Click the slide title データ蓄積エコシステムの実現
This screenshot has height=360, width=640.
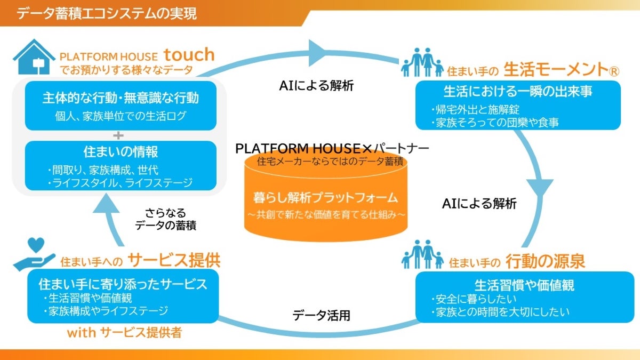[107, 13]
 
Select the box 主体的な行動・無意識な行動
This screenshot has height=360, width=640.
[121, 106]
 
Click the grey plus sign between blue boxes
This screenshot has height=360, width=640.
[121, 135]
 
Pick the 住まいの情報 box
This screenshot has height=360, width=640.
[121, 165]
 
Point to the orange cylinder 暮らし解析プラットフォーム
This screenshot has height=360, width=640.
[326, 197]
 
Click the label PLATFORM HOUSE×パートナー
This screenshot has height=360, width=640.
[332, 148]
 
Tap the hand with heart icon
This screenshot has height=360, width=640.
[35, 255]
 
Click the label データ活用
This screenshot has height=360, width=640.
[321, 315]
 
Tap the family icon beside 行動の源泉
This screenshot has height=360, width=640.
[422, 254]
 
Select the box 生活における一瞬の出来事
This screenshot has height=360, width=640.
[518, 105]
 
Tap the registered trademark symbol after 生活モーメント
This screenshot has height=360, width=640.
[615, 69]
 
